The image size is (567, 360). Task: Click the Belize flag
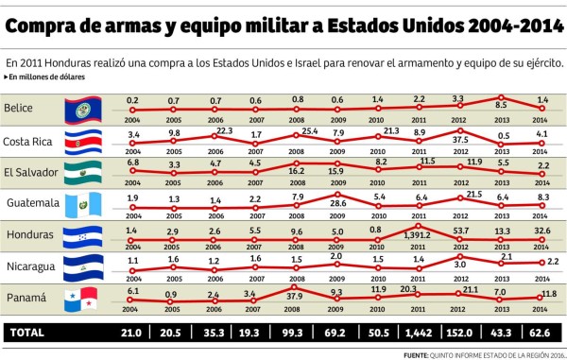81,111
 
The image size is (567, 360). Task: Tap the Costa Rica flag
81,142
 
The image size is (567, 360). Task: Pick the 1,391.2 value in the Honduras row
416,234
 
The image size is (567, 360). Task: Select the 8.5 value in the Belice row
502,106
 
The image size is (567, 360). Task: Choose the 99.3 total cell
295,333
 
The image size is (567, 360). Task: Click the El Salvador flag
81,173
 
